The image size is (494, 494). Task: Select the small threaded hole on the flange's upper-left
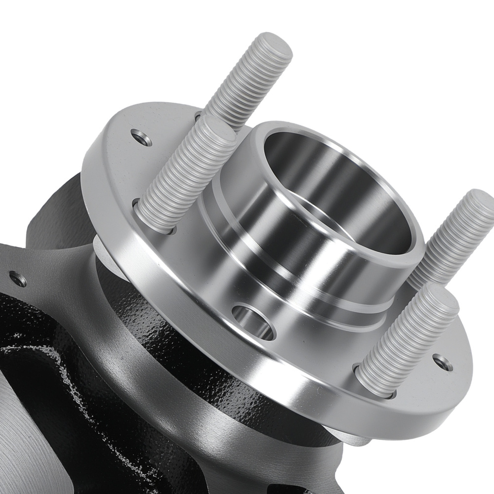(142, 137)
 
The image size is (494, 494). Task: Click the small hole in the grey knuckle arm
(18, 280)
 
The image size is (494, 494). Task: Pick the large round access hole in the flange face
(252, 322)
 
